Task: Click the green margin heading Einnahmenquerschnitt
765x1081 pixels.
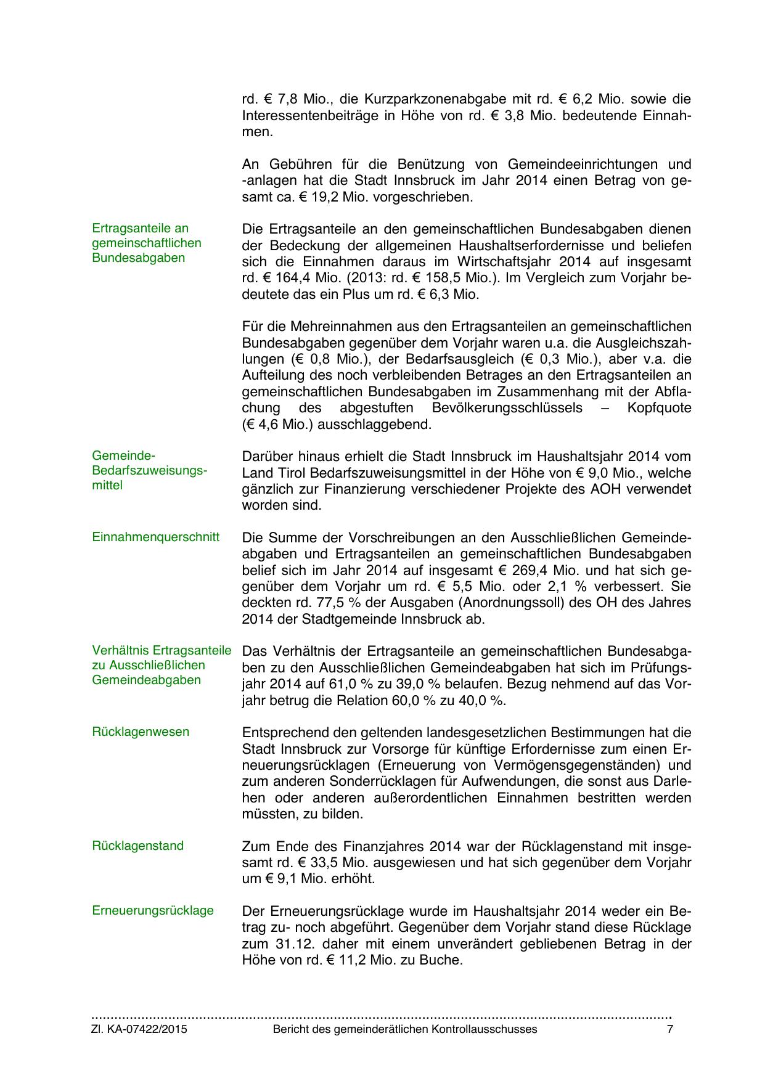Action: click(x=155, y=537)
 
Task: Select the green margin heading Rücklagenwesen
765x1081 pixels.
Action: click(x=141, y=732)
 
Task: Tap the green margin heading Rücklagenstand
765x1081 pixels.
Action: click(x=137, y=846)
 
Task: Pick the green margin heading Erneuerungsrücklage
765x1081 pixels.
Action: click(x=153, y=910)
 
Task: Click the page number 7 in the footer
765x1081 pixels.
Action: click(x=670, y=1029)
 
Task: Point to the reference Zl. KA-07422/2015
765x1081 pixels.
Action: click(x=139, y=1029)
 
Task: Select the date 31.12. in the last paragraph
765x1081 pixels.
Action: click(x=289, y=944)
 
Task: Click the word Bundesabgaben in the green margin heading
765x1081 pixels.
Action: click(x=138, y=258)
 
